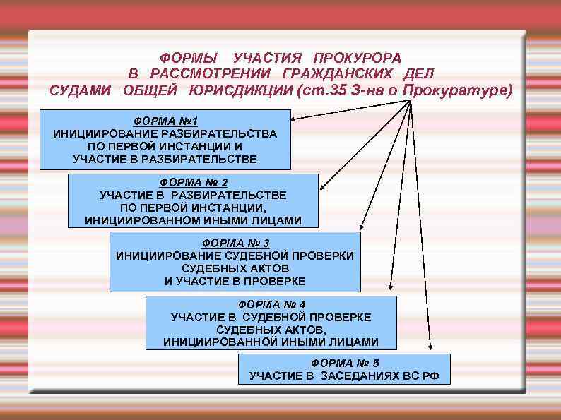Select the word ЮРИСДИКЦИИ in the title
coord(240,91)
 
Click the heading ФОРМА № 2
coord(194,181)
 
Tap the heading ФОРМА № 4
coord(271,304)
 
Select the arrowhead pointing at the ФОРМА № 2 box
coord(322,188)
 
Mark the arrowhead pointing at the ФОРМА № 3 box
coord(360,227)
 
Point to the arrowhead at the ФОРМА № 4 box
coord(391,287)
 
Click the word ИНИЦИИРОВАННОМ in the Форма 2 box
coord(149,221)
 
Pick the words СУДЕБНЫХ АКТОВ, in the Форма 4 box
coord(271,330)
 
